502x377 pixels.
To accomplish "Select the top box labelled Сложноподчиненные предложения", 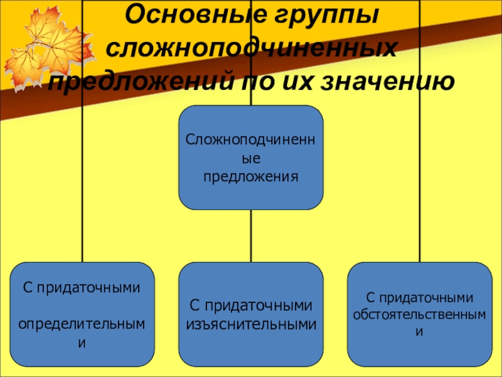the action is coord(251,157).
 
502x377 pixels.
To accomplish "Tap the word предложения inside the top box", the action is coord(251,177).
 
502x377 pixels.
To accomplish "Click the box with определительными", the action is coord(82,314).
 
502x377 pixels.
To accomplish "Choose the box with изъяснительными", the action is coord(251,314).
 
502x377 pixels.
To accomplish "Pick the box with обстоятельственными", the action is coord(419,314).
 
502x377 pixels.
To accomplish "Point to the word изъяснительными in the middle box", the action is coord(251,324).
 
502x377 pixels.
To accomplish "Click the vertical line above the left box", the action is coord(83,188).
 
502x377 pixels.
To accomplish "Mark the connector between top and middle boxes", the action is coord(251,236).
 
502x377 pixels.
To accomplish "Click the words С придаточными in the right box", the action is coord(419,297).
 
